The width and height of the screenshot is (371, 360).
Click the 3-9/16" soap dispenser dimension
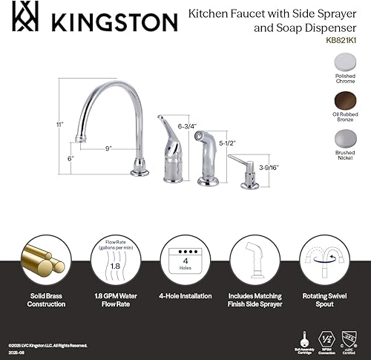click(267, 168)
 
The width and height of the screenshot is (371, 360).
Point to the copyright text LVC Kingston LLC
click(49, 325)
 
